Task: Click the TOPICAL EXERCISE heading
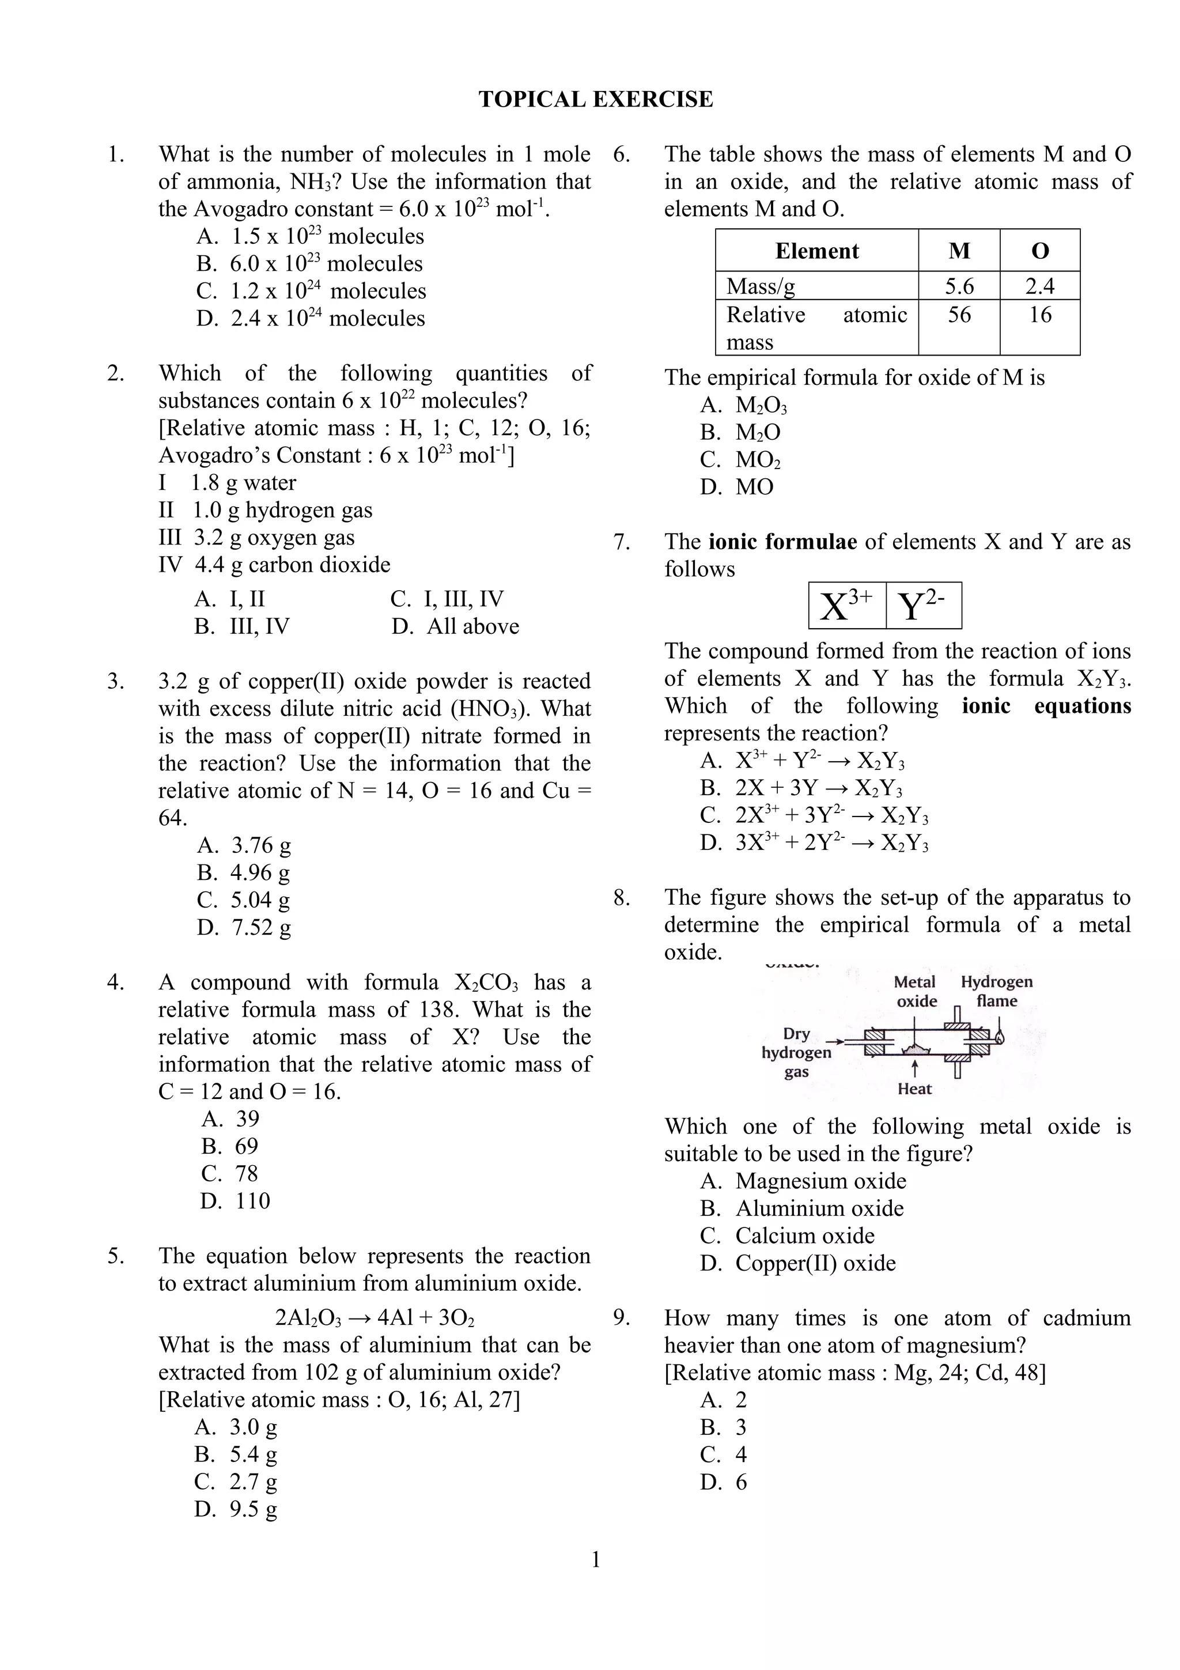click(595, 99)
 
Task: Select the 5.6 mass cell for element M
click(958, 286)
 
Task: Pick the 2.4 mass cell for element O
click(1039, 286)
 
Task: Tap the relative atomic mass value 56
click(958, 315)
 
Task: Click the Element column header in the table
click(816, 251)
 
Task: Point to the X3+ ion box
click(846, 605)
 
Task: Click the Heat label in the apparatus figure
click(914, 1089)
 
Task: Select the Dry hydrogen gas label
click(796, 1052)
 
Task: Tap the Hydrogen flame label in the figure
click(996, 991)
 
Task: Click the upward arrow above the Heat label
click(914, 1068)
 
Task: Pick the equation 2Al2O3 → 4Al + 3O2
click(375, 1317)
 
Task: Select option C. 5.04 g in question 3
click(244, 900)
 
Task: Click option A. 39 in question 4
click(230, 1119)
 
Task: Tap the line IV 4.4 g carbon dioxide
click(274, 564)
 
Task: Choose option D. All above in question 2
click(455, 626)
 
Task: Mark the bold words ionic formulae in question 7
click(782, 542)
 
